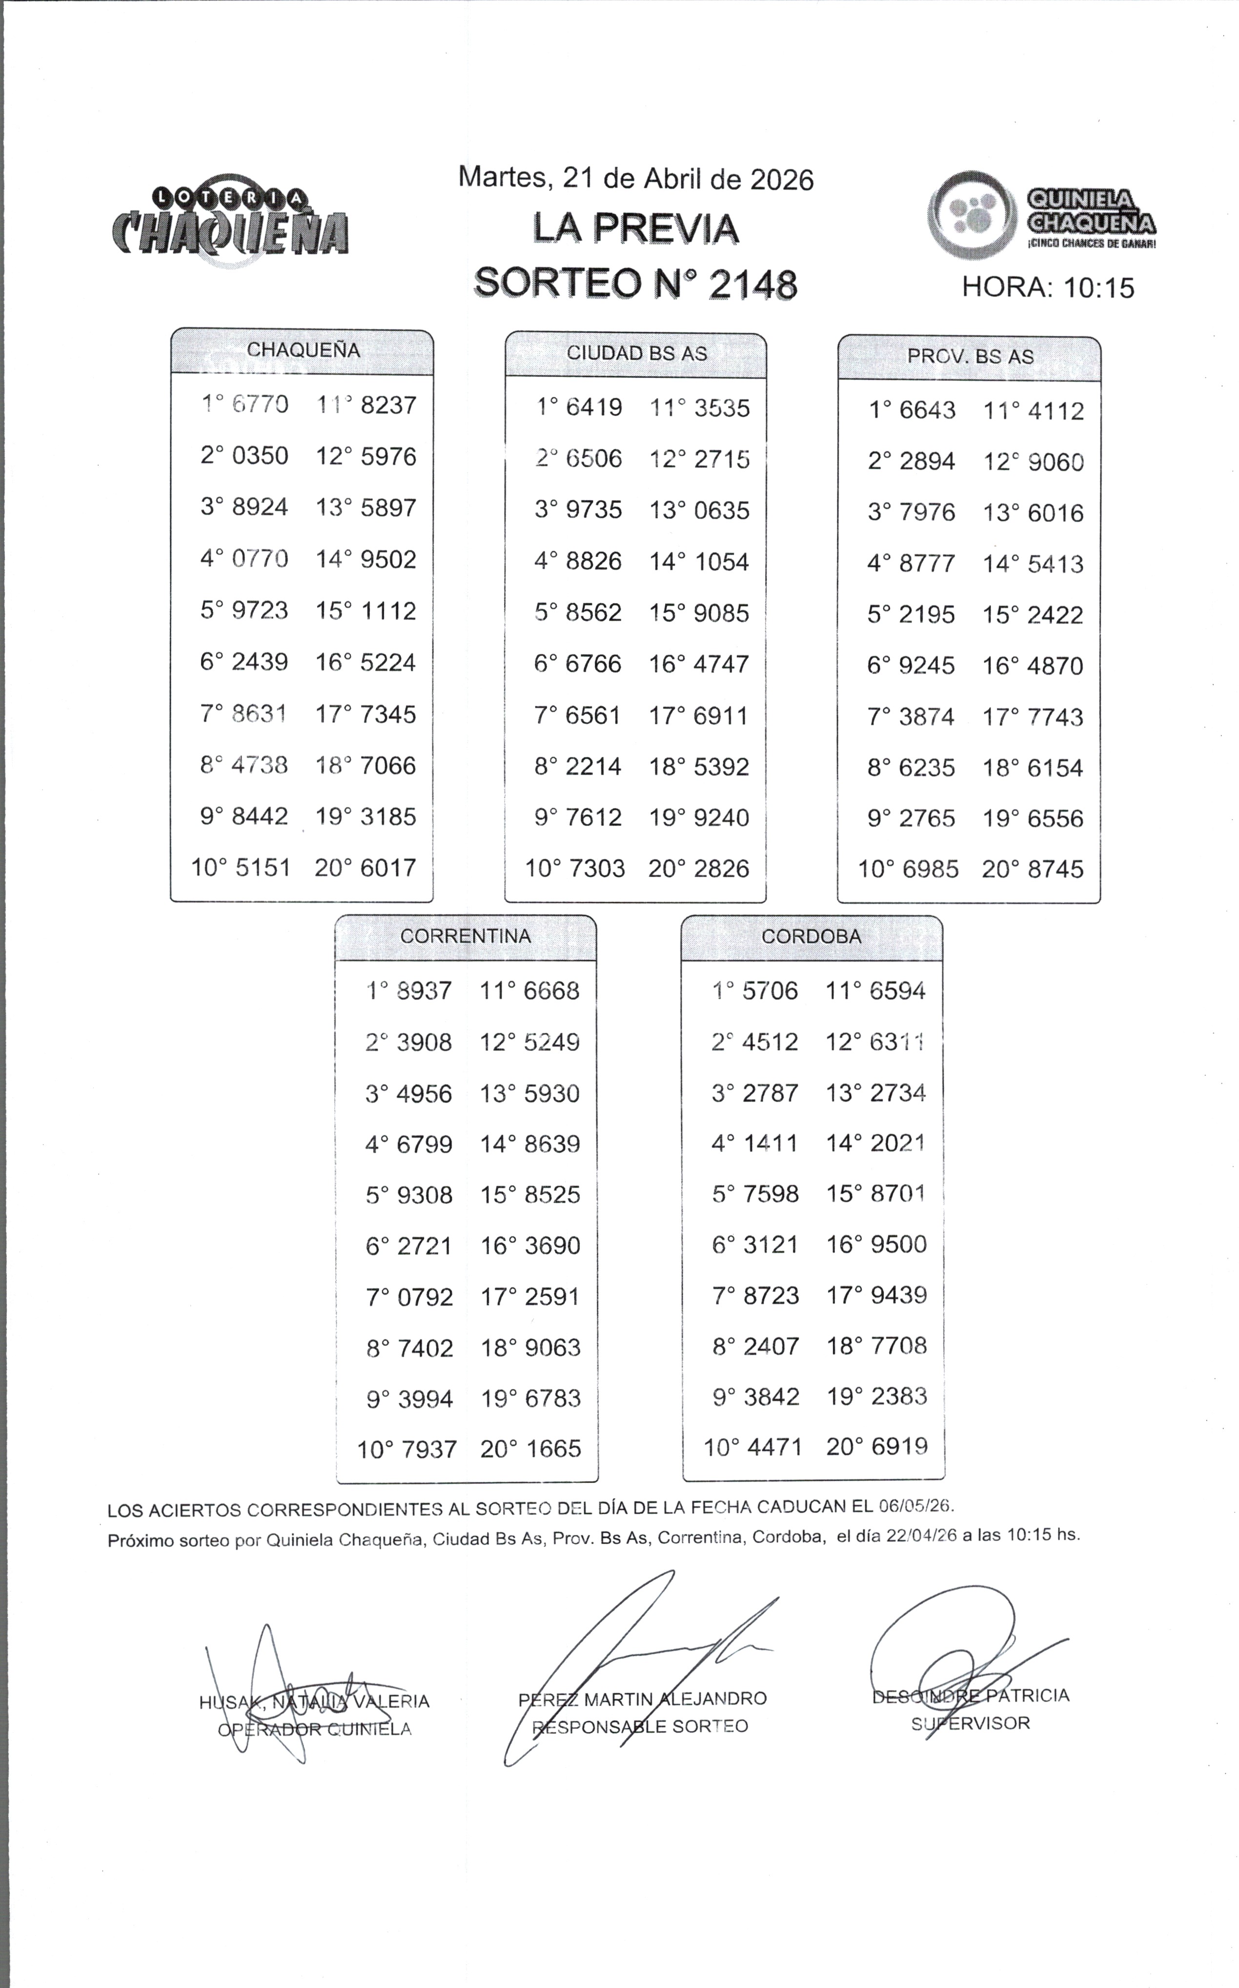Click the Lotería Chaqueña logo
tap(229, 220)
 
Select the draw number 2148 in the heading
tap(752, 284)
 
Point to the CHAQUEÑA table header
tap(303, 351)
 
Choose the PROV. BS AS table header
tap(970, 357)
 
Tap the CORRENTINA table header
tap(466, 936)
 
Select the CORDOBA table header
tap(811, 936)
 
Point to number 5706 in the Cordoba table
tap(770, 991)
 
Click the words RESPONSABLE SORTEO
tap(640, 1727)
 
